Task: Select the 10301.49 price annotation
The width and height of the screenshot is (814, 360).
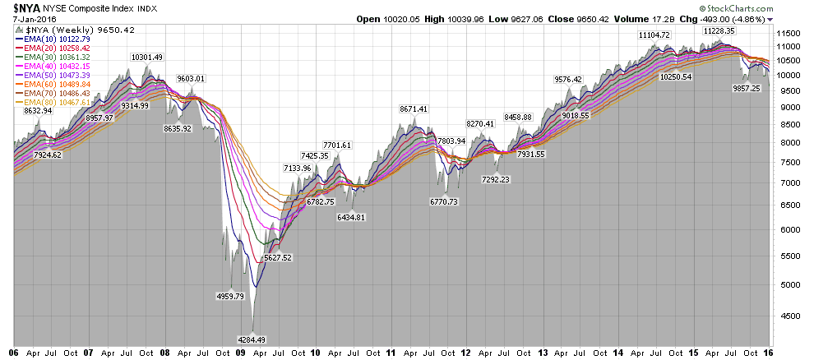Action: [x=146, y=57]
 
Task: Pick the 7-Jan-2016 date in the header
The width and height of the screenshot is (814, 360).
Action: [x=30, y=20]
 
